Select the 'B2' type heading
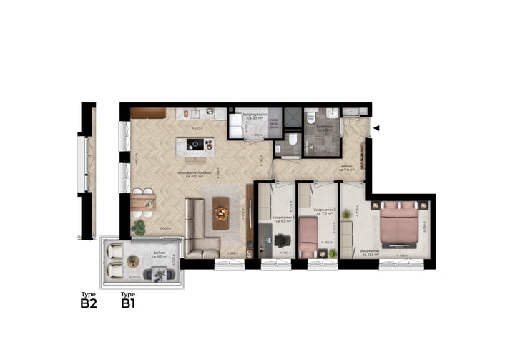coord(88,302)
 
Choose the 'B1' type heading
coord(128,302)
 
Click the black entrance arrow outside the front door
coord(378,128)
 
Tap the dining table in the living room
coord(143,203)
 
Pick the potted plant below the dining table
coord(139,228)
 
